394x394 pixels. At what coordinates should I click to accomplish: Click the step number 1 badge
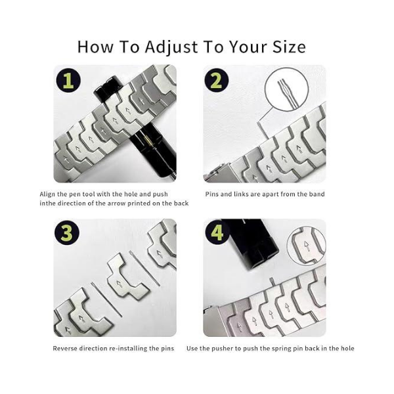point(68,81)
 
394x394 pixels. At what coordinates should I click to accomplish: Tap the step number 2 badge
point(216,81)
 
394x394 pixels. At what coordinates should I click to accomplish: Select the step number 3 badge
point(67,232)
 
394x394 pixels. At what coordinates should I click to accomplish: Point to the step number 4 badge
point(217,232)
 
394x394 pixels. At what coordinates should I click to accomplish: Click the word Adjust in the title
point(171,47)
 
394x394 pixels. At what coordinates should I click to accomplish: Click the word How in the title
point(95,47)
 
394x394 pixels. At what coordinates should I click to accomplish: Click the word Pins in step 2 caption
point(212,194)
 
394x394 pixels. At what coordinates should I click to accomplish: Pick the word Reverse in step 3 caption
point(65,349)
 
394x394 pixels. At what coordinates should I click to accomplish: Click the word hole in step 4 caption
point(347,349)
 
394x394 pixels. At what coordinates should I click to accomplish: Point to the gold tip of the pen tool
point(149,141)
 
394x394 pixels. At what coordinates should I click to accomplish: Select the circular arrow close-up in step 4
point(306,248)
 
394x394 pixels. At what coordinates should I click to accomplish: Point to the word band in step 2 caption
point(318,194)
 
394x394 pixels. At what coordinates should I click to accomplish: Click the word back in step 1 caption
point(181,204)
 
